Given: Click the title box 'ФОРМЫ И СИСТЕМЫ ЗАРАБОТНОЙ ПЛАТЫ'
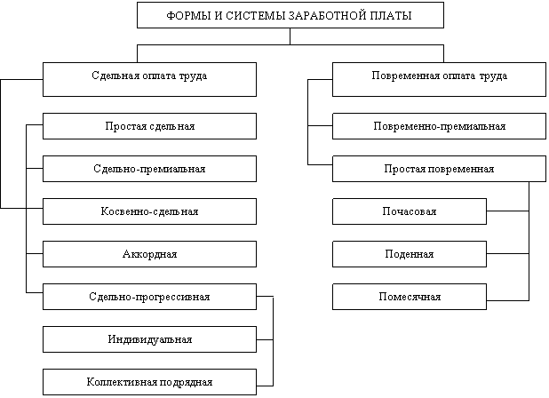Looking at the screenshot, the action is click(290, 15).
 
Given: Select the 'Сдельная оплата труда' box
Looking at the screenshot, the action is click(149, 79).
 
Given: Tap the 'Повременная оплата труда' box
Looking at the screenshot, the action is click(439, 79).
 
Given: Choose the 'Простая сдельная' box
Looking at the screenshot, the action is click(149, 126).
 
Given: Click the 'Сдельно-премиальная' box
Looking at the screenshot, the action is click(149, 169).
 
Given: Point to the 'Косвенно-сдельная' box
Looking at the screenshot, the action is click(149, 211).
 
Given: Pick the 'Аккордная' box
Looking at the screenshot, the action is click(149, 254).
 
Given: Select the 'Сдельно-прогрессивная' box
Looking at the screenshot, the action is click(149, 297).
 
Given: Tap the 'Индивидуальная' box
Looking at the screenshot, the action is click(149, 339).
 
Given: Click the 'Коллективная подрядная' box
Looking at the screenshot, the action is click(149, 382).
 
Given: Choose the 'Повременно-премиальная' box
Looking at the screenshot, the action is click(439, 126).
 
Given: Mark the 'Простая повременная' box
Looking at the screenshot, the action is click(439, 169).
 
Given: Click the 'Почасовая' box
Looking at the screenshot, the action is click(410, 211).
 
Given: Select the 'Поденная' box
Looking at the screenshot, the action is click(410, 254).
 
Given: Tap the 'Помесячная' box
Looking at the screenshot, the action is click(410, 297).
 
